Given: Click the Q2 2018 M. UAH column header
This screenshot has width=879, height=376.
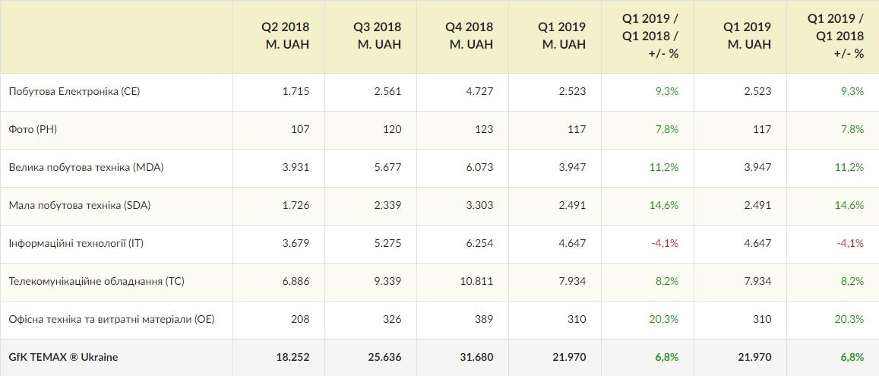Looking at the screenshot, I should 286,36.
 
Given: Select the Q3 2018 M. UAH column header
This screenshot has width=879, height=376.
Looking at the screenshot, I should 378,36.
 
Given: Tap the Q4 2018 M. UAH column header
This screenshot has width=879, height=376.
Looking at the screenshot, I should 470,36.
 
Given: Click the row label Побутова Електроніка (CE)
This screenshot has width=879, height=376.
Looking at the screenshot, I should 74,91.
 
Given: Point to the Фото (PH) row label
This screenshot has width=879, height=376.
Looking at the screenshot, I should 33,129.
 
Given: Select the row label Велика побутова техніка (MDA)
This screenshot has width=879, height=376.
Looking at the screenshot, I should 86,167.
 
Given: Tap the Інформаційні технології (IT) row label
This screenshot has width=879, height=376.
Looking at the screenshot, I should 76,243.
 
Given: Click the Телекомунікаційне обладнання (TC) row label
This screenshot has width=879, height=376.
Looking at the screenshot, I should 96,281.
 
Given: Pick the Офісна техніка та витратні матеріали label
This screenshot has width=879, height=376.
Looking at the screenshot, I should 112,319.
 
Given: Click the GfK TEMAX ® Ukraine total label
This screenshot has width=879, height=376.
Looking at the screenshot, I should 63,357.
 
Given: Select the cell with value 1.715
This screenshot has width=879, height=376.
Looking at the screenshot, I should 296,91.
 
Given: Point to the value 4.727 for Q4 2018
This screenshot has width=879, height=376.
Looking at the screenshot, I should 479,91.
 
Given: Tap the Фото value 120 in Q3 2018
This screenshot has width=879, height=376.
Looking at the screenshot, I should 391,129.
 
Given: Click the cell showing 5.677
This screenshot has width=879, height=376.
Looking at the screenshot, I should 387,167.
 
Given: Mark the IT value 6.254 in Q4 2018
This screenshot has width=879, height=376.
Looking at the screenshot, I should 479,243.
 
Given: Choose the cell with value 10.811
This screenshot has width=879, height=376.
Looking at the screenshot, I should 476,281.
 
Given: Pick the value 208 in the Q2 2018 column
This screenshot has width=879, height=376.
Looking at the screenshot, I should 299,319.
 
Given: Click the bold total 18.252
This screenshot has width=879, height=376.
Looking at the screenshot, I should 292,357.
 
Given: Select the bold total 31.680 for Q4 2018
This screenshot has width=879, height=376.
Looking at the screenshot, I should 476,357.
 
